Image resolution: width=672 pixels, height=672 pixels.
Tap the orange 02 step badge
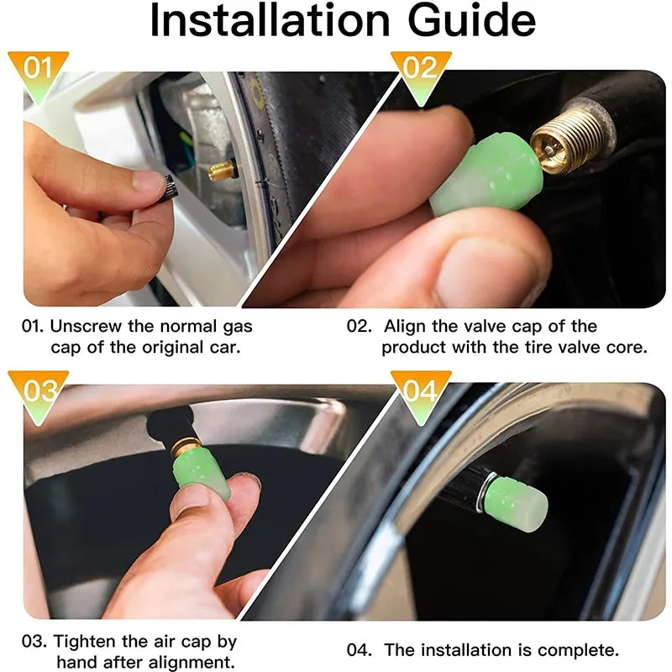pos(420,68)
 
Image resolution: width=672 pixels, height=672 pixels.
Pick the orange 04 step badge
pos(420,391)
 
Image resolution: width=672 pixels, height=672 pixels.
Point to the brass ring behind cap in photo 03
pos(180,450)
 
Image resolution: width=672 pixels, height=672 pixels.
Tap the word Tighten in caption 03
pos(84,641)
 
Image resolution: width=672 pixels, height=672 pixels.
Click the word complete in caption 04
pos(580,649)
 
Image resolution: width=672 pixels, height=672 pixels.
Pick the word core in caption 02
pos(627,346)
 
